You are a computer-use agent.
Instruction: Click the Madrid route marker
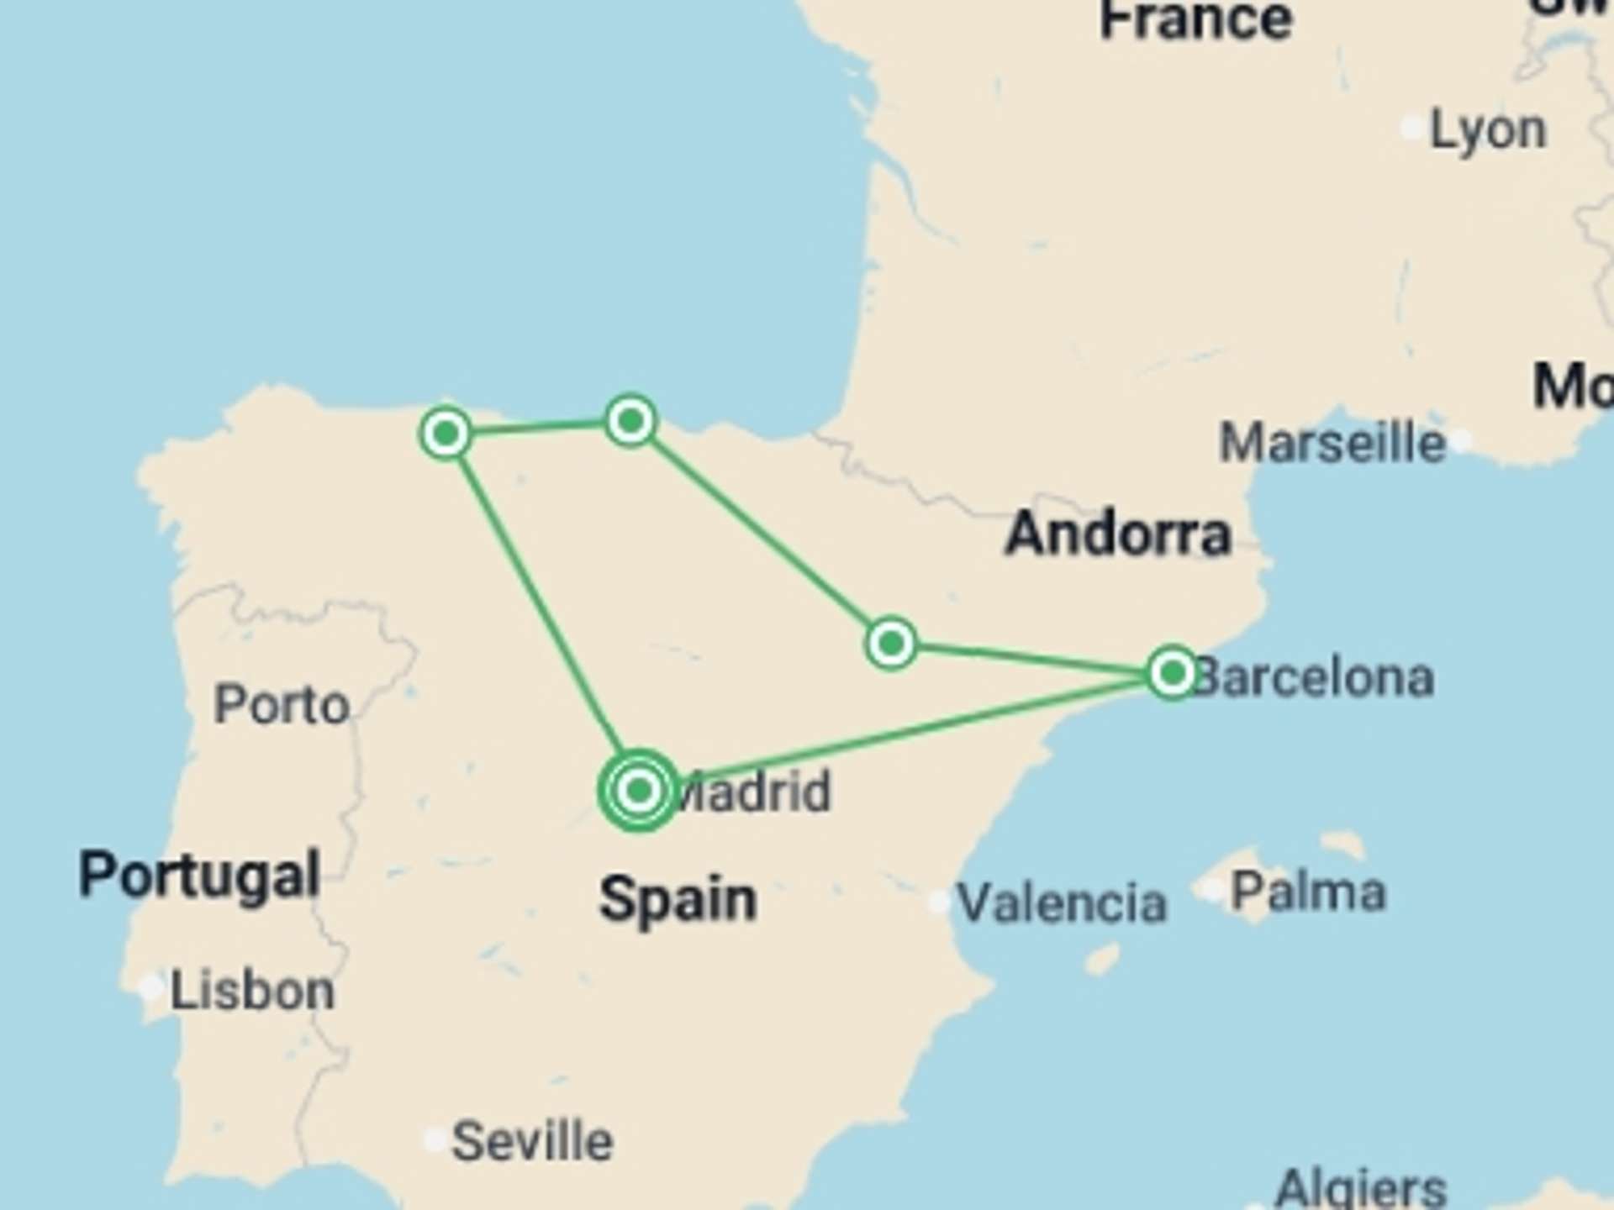(x=639, y=790)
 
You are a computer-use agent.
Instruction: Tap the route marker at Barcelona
(x=1173, y=672)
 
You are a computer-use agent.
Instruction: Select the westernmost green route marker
(x=446, y=434)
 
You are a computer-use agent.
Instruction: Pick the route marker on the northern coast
(x=630, y=420)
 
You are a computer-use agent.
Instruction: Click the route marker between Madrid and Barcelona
(x=891, y=644)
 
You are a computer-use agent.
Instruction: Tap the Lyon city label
(x=1488, y=131)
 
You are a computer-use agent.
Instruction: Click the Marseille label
(x=1332, y=443)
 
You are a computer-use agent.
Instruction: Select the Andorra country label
(x=1118, y=534)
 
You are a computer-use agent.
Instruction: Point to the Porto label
(x=282, y=704)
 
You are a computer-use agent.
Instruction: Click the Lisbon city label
(x=252, y=992)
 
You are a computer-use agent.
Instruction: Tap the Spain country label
(x=678, y=899)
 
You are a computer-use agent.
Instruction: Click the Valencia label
(x=1062, y=903)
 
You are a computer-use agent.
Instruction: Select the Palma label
(x=1308, y=892)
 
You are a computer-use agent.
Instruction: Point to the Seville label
(x=532, y=1141)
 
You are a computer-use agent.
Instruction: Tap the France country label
(x=1195, y=21)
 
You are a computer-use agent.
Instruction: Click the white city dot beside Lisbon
(x=151, y=986)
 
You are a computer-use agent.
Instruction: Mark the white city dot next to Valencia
(x=939, y=902)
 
